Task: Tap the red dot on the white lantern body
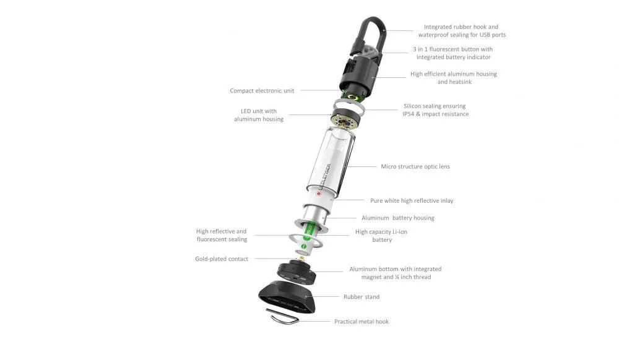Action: pyautogui.click(x=319, y=194)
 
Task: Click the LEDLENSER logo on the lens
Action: pyautogui.click(x=326, y=178)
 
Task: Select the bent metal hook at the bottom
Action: pyautogui.click(x=282, y=316)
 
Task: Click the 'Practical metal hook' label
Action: pyautogui.click(x=361, y=322)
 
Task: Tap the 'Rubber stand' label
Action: pyautogui.click(x=361, y=297)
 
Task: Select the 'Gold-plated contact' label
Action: pyautogui.click(x=222, y=259)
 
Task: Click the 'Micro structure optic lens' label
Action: pyautogui.click(x=415, y=167)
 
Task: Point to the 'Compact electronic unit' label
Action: pyautogui.click(x=262, y=91)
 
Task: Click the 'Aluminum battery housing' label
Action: pyautogui.click(x=398, y=218)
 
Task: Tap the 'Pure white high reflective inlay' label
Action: pyautogui.click(x=412, y=200)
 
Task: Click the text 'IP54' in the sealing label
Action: pyautogui.click(x=408, y=114)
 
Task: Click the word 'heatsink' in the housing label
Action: pyautogui.click(x=460, y=82)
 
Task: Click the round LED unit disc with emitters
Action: pyautogui.click(x=345, y=120)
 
